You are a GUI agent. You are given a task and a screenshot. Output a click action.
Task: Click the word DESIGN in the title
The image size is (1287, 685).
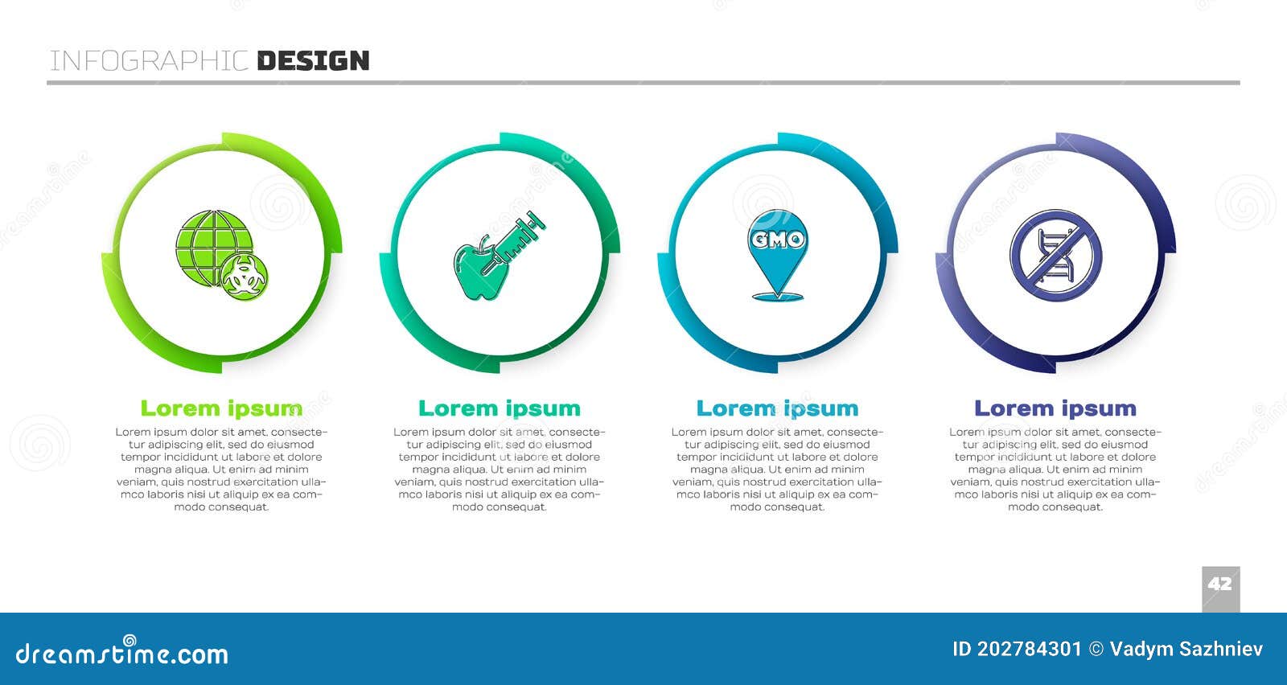[313, 61]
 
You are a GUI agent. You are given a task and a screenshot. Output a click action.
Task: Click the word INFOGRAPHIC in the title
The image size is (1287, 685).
[149, 61]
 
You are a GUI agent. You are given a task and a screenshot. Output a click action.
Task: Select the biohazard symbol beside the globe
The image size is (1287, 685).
[245, 277]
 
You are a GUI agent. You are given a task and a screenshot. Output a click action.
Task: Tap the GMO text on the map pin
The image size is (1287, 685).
[778, 240]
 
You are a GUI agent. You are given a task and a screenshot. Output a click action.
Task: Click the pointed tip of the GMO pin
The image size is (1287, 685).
[778, 295]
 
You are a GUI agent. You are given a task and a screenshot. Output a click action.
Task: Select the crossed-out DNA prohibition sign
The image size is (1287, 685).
[1056, 255]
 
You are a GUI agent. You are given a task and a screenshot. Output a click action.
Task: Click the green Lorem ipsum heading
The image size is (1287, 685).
[222, 408]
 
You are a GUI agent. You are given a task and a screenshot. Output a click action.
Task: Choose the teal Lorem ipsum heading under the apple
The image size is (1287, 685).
[500, 408]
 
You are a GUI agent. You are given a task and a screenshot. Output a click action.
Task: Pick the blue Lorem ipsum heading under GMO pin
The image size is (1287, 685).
[777, 408]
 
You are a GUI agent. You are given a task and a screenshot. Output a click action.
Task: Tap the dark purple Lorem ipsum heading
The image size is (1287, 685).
[1055, 408]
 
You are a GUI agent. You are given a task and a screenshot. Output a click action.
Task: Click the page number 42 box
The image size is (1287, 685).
[1221, 589]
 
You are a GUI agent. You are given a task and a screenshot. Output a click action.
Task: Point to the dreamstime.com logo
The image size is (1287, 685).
[121, 652]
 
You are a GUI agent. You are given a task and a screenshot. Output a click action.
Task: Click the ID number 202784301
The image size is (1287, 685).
[1029, 649]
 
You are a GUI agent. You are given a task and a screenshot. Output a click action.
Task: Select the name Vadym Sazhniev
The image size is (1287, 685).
[1186, 650]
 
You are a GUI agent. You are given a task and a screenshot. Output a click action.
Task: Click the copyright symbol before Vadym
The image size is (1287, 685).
[1096, 650]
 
